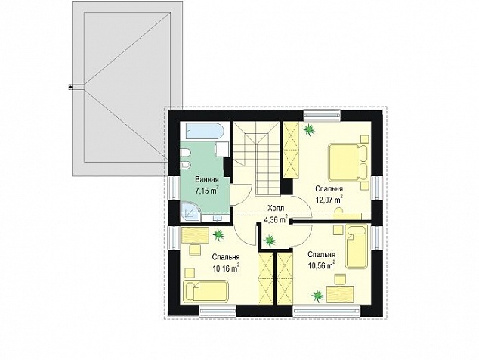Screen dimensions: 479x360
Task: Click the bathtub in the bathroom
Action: pyautogui.click(x=202, y=132)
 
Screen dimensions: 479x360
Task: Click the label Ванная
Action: pyautogui.click(x=207, y=179)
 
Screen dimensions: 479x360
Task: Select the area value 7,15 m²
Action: pyautogui.click(x=207, y=191)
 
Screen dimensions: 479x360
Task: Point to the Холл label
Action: pyautogui.click(x=276, y=208)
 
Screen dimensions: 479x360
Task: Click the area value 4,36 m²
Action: pyautogui.click(x=276, y=219)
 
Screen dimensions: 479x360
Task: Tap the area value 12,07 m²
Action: pyautogui.click(x=329, y=200)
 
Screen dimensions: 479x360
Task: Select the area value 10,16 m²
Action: pyautogui.click(x=226, y=268)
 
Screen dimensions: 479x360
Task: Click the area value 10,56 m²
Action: pyautogui.click(x=321, y=265)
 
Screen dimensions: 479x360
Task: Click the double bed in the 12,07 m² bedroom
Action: pyautogui.click(x=349, y=163)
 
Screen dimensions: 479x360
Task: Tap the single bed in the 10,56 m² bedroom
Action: pyautogui.click(x=356, y=247)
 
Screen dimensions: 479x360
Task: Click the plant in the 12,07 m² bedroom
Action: pyautogui.click(x=309, y=129)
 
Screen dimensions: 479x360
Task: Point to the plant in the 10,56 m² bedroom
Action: pyautogui.click(x=318, y=296)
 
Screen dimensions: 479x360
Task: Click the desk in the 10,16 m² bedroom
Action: pyautogui.click(x=195, y=235)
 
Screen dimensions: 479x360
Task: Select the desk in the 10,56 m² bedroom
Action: pyautogui.click(x=340, y=294)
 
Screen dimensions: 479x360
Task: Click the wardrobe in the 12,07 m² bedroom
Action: pyautogui.click(x=291, y=150)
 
